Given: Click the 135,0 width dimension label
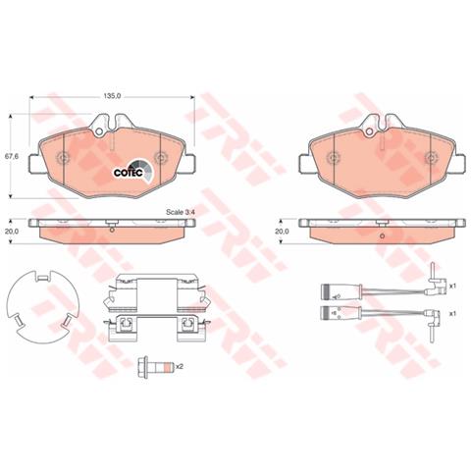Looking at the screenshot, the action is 112,96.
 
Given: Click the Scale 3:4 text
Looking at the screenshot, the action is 181,212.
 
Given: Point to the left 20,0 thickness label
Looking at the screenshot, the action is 12,231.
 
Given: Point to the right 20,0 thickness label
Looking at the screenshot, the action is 282,231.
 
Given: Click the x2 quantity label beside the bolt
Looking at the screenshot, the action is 180,366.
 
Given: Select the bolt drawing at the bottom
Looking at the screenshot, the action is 154,367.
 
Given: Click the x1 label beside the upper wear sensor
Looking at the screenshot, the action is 452,287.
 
